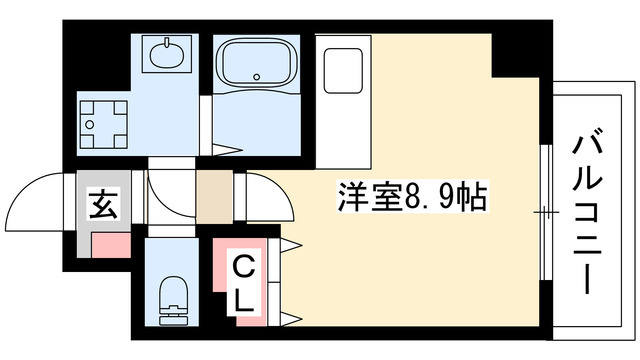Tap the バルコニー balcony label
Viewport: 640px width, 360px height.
pyautogui.click(x=586, y=210)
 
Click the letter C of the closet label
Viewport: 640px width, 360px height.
pyautogui.click(x=242, y=267)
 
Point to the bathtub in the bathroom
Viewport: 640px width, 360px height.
pyautogui.click(x=257, y=63)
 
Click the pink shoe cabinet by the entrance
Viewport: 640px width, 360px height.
pyautogui.click(x=111, y=243)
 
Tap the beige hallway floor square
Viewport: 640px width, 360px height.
pyautogui.click(x=212, y=197)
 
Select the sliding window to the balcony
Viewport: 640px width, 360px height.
pyautogui.click(x=546, y=211)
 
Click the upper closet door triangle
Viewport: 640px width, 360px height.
pyautogui.click(x=293, y=244)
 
